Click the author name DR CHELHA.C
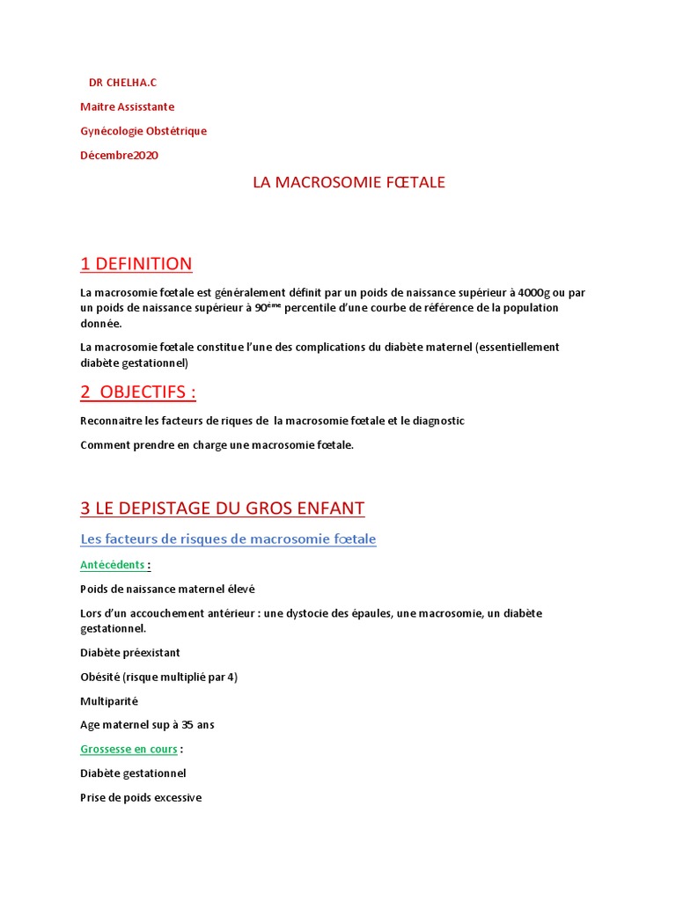[122, 83]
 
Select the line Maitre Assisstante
[127, 106]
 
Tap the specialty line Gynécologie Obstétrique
[143, 131]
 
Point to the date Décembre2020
[120, 156]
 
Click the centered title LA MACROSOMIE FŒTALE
[349, 183]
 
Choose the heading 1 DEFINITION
[136, 264]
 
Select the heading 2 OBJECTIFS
[137, 392]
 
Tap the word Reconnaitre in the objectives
[114, 421]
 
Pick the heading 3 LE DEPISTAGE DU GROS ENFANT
[222, 508]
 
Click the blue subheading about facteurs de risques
[228, 538]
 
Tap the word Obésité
[100, 677]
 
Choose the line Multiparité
[109, 701]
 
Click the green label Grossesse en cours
[129, 749]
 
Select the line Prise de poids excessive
[141, 797]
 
